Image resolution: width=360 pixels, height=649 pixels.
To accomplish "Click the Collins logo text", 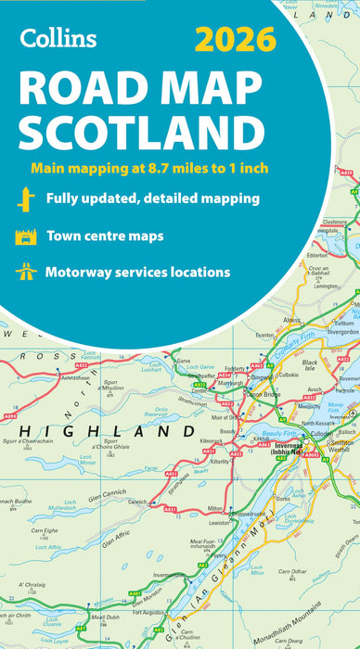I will (58, 37).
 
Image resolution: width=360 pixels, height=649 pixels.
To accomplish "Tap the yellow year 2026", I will (236, 39).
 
